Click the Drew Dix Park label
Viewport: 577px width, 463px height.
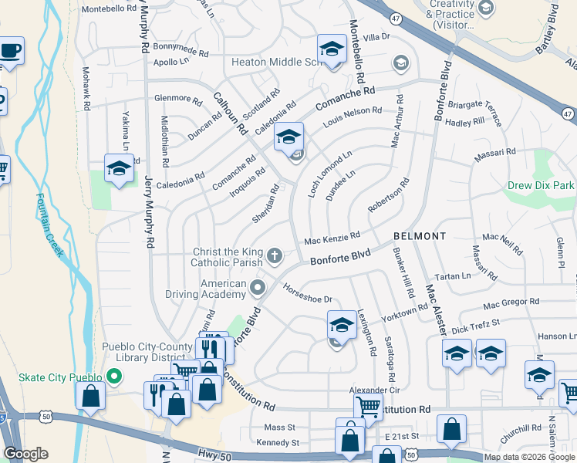click(541, 186)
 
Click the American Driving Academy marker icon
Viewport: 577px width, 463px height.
click(258, 289)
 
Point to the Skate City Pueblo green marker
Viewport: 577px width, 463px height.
click(114, 377)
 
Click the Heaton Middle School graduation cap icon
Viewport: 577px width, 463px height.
click(331, 50)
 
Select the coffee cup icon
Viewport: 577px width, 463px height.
click(11, 51)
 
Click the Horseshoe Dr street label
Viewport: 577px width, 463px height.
click(307, 299)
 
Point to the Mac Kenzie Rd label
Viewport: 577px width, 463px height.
click(332, 240)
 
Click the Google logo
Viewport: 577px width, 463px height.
click(25, 454)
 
